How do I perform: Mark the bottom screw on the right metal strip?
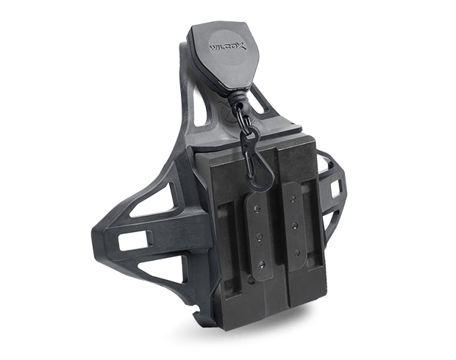point(297,251)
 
